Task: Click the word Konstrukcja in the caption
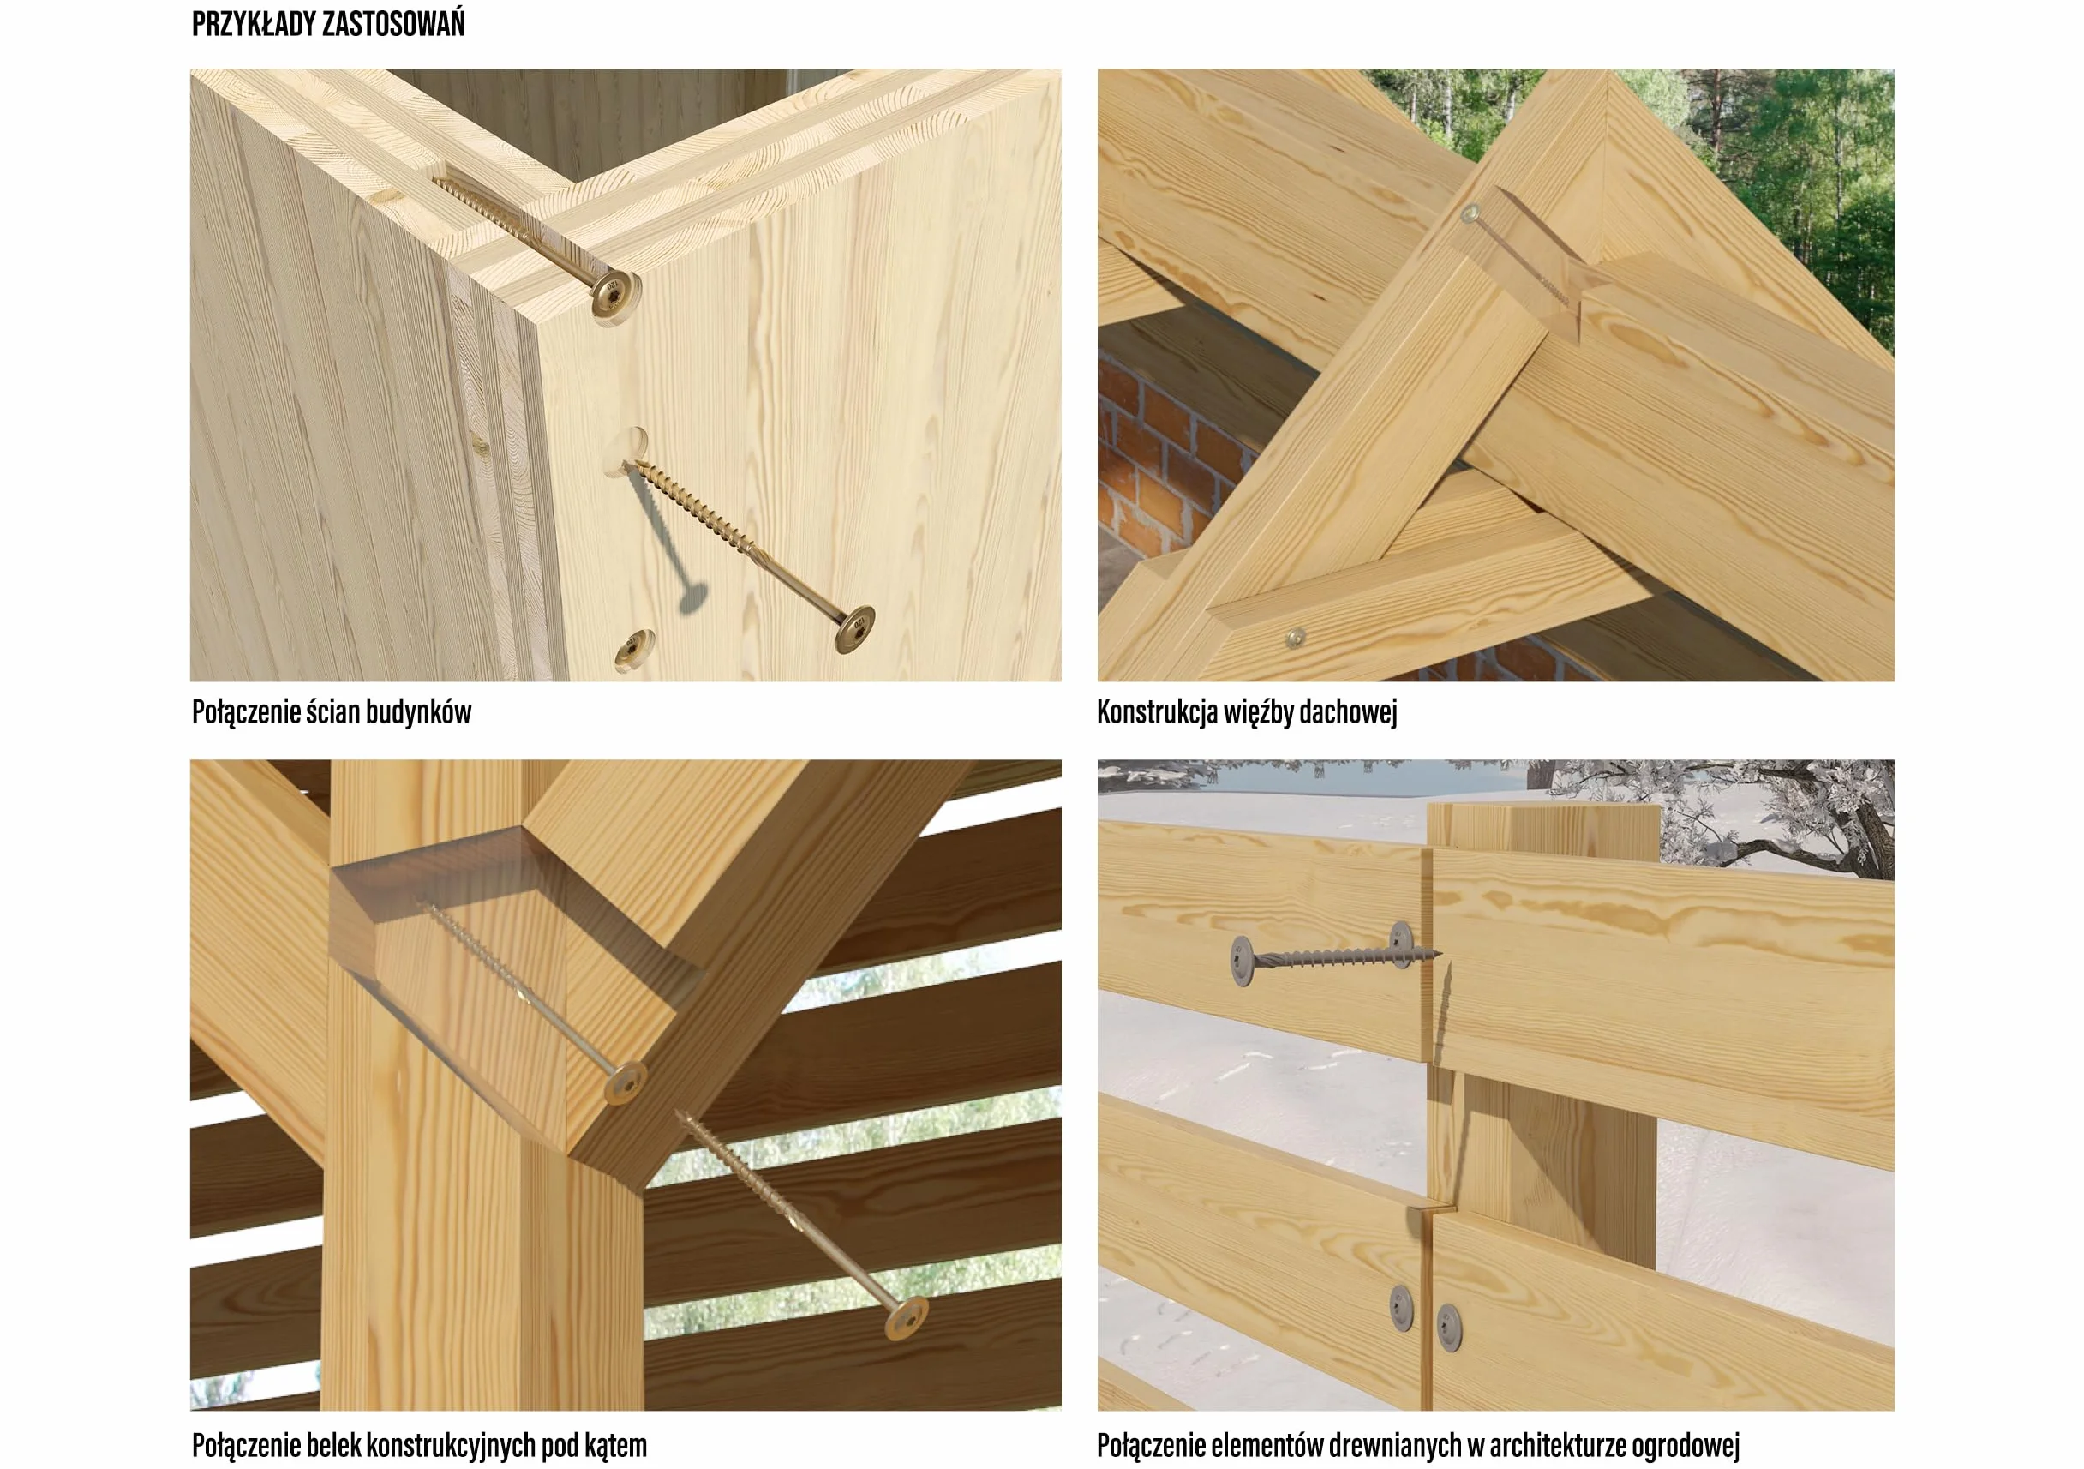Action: [x=1156, y=713]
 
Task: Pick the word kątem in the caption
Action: [x=616, y=1445]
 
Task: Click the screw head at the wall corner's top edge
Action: [x=614, y=293]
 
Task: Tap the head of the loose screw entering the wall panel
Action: [x=855, y=628]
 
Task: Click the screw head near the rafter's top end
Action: [x=1471, y=213]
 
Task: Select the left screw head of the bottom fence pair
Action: [x=1401, y=1307]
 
